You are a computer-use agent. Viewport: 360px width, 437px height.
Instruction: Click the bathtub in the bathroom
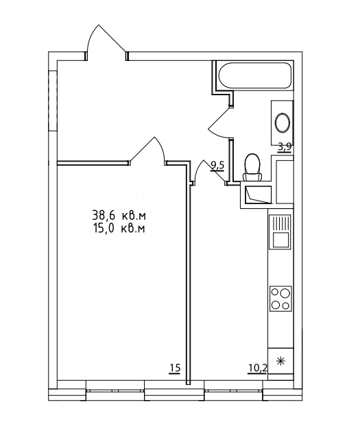click(255, 75)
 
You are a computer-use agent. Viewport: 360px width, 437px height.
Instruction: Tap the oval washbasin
click(283, 123)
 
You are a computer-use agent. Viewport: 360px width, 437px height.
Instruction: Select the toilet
click(252, 168)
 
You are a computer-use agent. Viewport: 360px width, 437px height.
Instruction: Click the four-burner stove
click(280, 299)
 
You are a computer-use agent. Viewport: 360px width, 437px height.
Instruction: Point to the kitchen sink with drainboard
click(280, 232)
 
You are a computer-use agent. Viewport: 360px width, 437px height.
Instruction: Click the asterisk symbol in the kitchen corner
click(280, 361)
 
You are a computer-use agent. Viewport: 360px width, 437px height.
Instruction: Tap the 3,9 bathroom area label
click(285, 147)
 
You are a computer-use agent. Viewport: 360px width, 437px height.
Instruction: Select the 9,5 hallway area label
click(217, 166)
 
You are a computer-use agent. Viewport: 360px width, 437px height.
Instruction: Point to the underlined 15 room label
click(175, 369)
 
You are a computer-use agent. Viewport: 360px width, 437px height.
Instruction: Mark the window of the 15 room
click(115, 390)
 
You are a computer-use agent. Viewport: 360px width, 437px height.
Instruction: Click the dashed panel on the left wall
click(53, 100)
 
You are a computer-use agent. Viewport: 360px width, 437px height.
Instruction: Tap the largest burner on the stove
click(285, 293)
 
